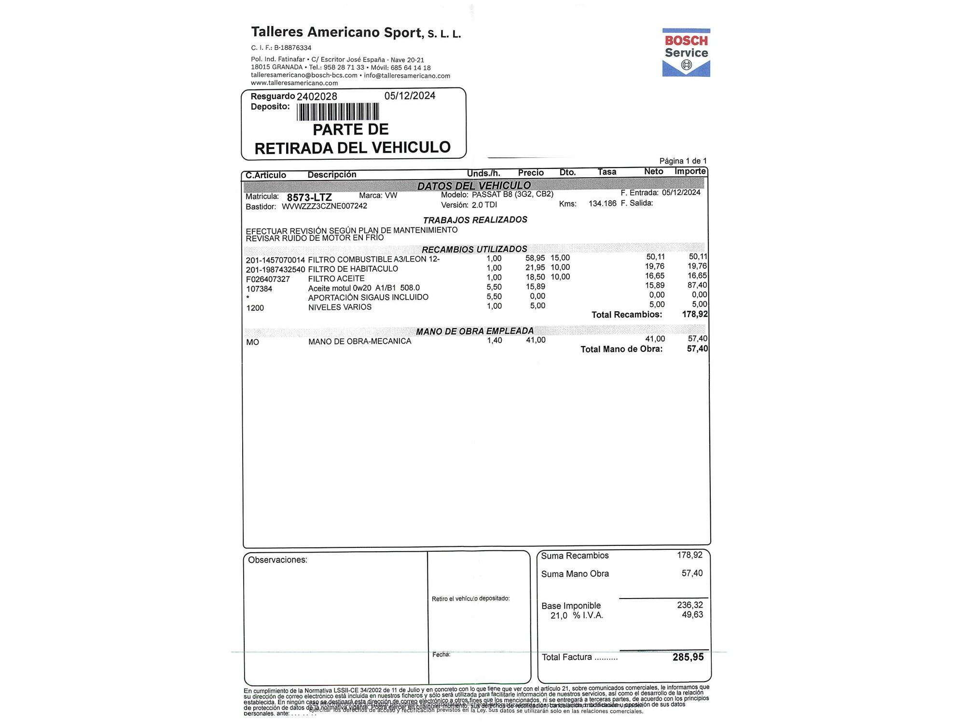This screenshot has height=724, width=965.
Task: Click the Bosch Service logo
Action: (686, 52)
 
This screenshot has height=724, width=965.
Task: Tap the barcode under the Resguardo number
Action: (338, 112)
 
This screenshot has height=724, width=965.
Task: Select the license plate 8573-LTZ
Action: (309, 197)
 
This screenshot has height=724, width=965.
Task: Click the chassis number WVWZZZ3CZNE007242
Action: (324, 206)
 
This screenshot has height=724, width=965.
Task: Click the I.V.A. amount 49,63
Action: (692, 615)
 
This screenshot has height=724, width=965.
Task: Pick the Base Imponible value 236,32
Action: (689, 605)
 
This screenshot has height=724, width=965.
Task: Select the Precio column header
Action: (531, 173)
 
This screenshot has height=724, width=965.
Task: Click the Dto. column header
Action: (567, 172)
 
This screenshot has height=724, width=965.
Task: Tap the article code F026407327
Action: (268, 279)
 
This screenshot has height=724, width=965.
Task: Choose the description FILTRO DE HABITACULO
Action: (353, 269)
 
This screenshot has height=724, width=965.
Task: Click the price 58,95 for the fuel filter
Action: (535, 258)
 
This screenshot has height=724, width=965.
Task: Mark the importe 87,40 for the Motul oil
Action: (697, 285)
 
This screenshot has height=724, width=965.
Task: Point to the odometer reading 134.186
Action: (602, 204)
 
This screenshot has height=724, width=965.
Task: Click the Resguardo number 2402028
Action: (317, 97)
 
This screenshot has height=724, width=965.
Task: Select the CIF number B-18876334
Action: (292, 48)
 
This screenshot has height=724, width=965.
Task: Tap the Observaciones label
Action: (277, 560)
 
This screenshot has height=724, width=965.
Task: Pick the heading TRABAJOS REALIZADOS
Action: (475, 220)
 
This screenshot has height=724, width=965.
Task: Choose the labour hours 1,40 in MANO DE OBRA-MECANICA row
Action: (494, 340)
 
